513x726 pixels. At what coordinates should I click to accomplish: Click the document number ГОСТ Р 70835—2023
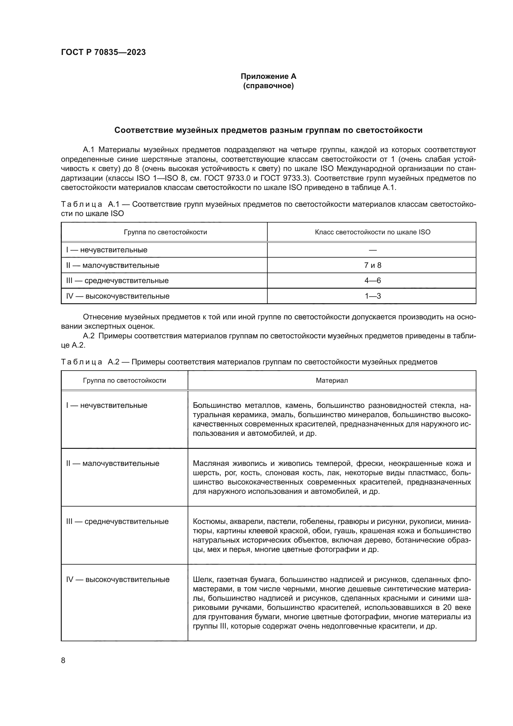tap(103, 52)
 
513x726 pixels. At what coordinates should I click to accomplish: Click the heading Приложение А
tap(268, 76)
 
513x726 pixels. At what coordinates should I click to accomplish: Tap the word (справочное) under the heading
tap(268, 86)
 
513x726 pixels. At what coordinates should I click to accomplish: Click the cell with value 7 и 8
tap(372, 265)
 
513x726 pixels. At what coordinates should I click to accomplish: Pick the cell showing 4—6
tap(372, 281)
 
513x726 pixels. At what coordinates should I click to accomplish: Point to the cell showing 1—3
tap(372, 296)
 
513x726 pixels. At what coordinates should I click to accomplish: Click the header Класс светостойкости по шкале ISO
tap(372, 232)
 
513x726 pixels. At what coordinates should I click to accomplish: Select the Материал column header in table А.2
tap(332, 381)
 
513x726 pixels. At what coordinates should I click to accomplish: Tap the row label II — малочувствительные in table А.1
tap(113, 265)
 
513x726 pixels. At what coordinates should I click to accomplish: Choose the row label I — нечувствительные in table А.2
tap(107, 405)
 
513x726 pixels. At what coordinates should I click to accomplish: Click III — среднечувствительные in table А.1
tap(118, 281)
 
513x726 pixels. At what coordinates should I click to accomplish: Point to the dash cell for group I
tap(372, 250)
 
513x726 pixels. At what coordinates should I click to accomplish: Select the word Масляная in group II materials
tap(210, 463)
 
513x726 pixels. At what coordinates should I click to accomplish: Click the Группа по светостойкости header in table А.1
tap(165, 232)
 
